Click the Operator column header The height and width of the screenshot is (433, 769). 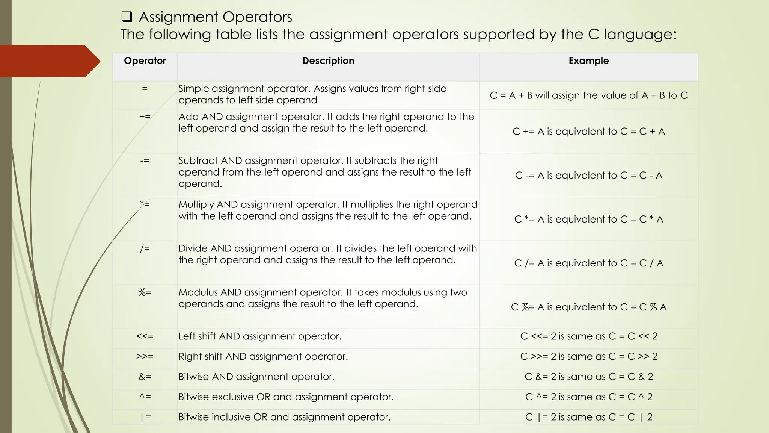145,61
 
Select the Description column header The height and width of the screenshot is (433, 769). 328,61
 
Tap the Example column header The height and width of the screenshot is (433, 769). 588,61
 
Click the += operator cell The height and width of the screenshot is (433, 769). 145,117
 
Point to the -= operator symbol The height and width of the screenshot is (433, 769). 145,160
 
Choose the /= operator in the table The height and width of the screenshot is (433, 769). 145,248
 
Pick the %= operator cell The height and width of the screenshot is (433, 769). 145,292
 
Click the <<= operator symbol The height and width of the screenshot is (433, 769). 145,336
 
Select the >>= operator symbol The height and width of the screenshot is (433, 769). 145,357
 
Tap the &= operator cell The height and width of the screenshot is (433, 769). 145,377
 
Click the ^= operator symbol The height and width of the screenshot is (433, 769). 145,397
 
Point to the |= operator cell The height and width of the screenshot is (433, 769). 145,417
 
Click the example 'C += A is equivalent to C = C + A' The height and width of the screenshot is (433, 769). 588,132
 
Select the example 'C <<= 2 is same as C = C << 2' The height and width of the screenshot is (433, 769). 588,336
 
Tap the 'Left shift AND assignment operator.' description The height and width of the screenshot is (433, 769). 260,336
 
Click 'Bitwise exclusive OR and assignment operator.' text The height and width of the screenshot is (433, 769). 286,397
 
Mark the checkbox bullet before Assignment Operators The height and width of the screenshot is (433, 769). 127,17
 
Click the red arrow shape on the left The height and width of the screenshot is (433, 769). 49,61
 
